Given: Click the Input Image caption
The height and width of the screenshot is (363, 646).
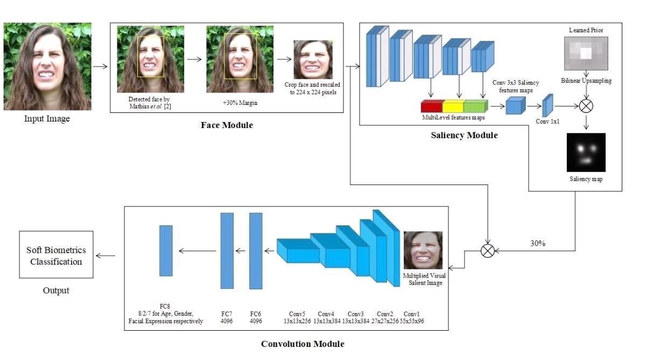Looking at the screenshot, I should pyautogui.click(x=47, y=119).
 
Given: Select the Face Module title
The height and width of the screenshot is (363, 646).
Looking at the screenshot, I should pyautogui.click(x=226, y=125).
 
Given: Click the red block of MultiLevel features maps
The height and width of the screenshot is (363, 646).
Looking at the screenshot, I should pyautogui.click(x=432, y=106).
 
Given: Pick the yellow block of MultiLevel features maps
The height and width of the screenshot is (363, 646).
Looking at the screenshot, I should pyautogui.click(x=453, y=106).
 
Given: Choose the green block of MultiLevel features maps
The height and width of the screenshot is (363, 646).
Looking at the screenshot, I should pyautogui.click(x=474, y=106).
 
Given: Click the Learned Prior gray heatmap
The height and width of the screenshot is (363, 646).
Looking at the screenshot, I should pyautogui.click(x=586, y=53).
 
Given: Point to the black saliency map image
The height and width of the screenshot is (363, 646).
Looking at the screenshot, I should pyautogui.click(x=586, y=152).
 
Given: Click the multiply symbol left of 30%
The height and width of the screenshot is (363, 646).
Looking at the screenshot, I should pyautogui.click(x=487, y=250).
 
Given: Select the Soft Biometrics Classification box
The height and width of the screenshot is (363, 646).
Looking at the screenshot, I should pyautogui.click(x=56, y=255).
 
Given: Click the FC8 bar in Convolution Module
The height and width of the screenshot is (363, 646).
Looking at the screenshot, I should pyautogui.click(x=166, y=251).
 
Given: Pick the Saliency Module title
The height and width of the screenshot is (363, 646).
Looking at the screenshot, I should pyautogui.click(x=464, y=136).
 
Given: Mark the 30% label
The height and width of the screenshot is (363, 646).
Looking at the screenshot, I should pyautogui.click(x=538, y=243).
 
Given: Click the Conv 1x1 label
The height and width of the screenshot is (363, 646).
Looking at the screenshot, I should pyautogui.click(x=548, y=122).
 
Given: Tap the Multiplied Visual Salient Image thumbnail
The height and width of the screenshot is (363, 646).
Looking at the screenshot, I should pyautogui.click(x=423, y=250).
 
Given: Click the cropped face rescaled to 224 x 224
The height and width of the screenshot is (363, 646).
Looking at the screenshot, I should pyautogui.click(x=313, y=60).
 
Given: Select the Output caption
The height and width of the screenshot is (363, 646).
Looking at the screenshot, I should pyautogui.click(x=56, y=290).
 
